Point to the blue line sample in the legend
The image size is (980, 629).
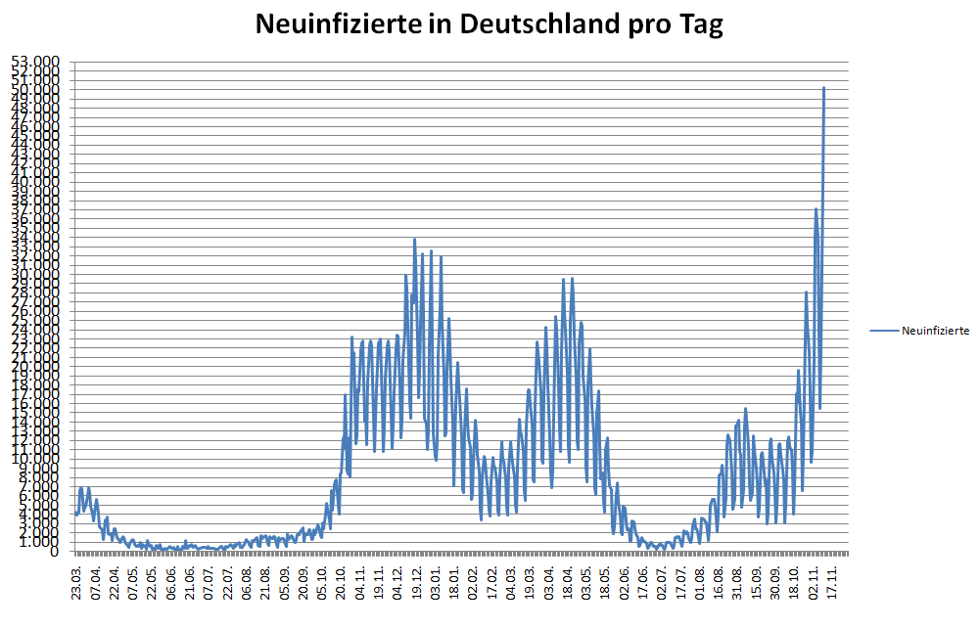[x=884, y=331]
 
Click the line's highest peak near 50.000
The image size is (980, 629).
[x=823, y=88]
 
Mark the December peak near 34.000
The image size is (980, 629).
[x=414, y=239]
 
